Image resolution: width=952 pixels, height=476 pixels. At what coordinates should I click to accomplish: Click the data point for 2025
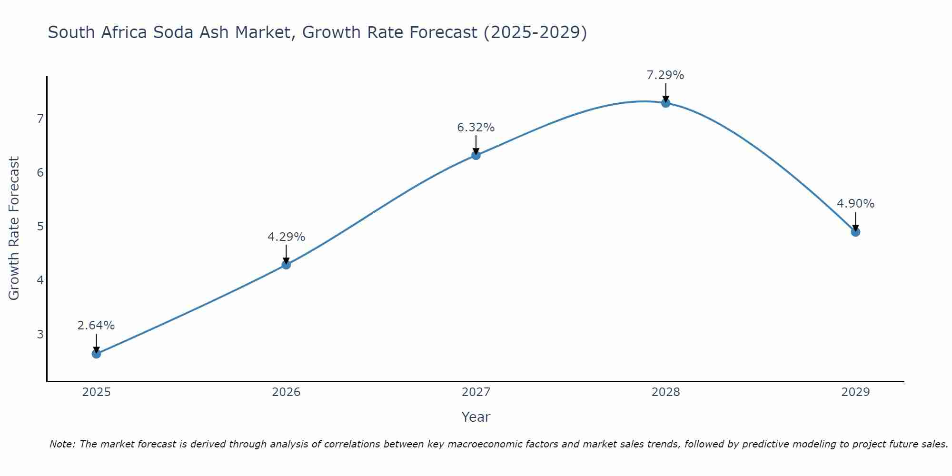[x=96, y=354]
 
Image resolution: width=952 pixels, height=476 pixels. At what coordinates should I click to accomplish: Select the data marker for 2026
[x=286, y=265]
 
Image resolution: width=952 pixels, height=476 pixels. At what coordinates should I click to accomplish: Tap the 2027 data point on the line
[x=476, y=155]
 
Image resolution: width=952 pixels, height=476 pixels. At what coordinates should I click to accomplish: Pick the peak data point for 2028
[x=665, y=103]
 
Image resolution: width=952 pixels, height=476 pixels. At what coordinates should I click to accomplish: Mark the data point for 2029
[x=855, y=232]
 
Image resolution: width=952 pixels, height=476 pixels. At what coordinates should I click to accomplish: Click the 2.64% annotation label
[x=96, y=326]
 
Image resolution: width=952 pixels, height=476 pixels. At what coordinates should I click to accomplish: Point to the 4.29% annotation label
[x=286, y=237]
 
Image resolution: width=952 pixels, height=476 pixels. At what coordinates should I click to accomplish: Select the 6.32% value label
[x=476, y=128]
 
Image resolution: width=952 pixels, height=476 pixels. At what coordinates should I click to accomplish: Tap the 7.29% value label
[x=665, y=75]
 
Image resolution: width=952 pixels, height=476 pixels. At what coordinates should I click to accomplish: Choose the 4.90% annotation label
[x=855, y=204]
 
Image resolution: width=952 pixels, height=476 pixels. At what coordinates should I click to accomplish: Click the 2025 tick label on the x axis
[x=96, y=392]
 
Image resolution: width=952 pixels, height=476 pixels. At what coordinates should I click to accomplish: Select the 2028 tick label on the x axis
[x=665, y=392]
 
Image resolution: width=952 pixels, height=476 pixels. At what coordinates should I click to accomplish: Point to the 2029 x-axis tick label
[x=855, y=392]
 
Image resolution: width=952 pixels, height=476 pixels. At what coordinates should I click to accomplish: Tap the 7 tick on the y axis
[x=40, y=119]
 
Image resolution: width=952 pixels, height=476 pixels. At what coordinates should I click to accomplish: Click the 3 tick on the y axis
[x=40, y=334]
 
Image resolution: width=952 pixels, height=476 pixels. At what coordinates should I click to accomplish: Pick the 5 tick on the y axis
[x=40, y=226]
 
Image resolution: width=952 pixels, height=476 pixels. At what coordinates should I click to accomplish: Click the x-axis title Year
[x=476, y=417]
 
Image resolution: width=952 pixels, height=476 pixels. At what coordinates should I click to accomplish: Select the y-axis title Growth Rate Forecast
[x=14, y=228]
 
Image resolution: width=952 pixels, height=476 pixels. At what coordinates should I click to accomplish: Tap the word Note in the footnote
[x=62, y=444]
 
